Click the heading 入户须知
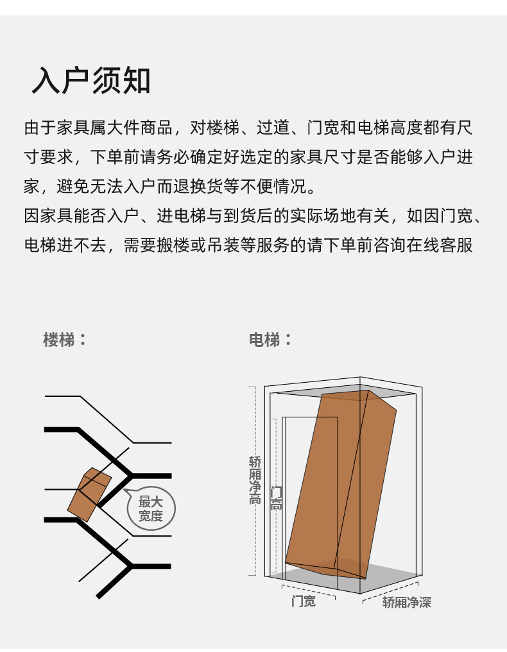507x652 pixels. tap(90, 79)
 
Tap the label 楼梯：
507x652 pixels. tap(65, 340)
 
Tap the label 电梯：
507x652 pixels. tap(271, 340)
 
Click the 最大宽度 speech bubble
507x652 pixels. tap(151, 508)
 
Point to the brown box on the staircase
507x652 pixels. tap(89, 494)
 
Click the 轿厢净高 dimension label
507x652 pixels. tap(255, 480)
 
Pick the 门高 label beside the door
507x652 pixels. tap(277, 498)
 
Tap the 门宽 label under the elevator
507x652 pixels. tap(304, 601)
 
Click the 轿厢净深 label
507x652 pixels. tap(407, 602)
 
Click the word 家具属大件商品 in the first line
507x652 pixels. tap(115, 127)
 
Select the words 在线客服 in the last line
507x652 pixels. tap(440, 246)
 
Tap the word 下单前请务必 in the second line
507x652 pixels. tap(140, 157)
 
